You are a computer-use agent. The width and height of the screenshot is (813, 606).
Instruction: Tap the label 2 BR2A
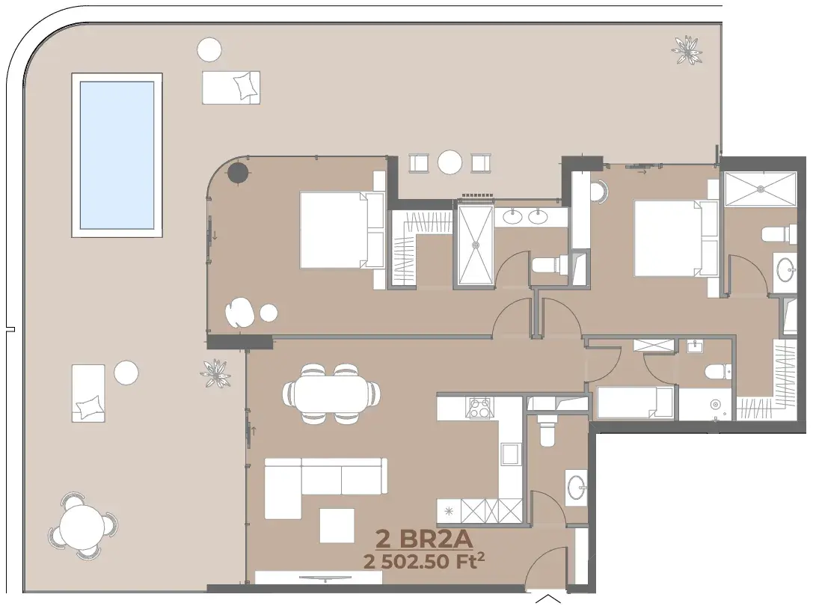pyautogui.click(x=424, y=539)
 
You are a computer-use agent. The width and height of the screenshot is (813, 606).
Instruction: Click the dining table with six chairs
pyautogui.click(x=331, y=394)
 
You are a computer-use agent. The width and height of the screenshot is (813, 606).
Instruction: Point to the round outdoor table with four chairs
pyautogui.click(x=82, y=526)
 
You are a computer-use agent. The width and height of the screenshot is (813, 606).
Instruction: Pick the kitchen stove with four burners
pyautogui.click(x=479, y=407)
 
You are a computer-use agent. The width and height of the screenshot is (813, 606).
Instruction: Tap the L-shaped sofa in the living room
pyautogui.click(x=325, y=486)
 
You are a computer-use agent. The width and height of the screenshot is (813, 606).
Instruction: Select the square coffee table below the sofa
pyautogui.click(x=337, y=525)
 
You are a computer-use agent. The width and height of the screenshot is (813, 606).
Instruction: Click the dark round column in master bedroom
pyautogui.click(x=238, y=172)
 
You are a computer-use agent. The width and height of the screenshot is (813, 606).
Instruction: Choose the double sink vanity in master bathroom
pyautogui.click(x=527, y=215)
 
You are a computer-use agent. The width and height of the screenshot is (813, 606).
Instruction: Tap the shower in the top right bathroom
pyautogui.click(x=760, y=189)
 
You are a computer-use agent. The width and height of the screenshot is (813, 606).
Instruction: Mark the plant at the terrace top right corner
pyautogui.click(x=687, y=50)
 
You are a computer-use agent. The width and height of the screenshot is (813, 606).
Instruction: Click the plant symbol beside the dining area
pyautogui.click(x=215, y=373)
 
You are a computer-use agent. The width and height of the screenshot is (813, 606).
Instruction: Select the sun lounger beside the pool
pyautogui.click(x=230, y=88)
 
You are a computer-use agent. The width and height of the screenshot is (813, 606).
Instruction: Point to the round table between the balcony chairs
pyautogui.click(x=450, y=162)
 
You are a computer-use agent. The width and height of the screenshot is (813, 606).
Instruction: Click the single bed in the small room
pyautogui.click(x=635, y=402)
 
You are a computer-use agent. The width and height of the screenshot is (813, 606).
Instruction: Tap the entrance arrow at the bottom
pyautogui.click(x=547, y=600)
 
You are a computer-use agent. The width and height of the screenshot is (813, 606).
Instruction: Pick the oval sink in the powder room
pyautogui.click(x=577, y=487)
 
